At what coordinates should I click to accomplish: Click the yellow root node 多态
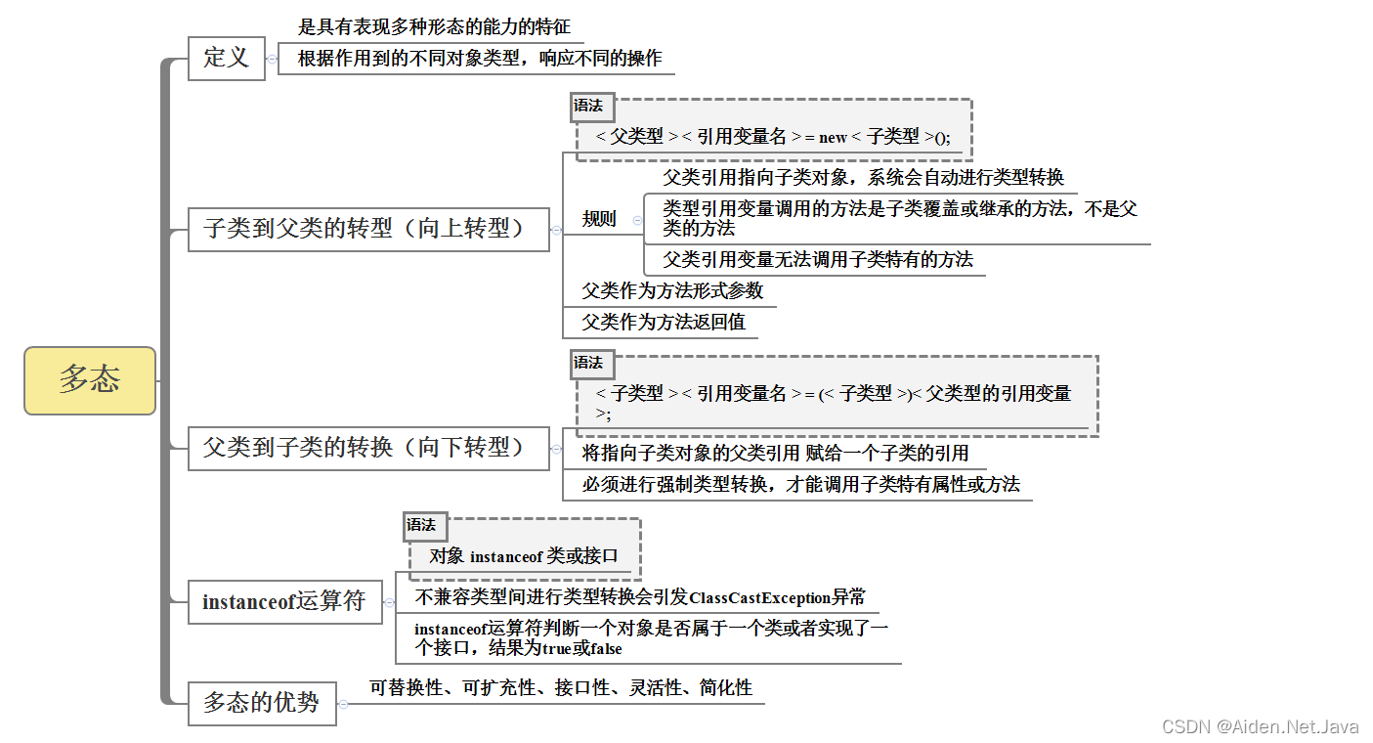coord(90,379)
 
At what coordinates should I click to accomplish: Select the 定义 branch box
coord(226,58)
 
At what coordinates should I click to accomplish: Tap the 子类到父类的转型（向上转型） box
coord(367,229)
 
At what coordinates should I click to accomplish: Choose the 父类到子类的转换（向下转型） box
coord(367,448)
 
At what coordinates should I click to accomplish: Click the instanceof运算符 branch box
coord(283,601)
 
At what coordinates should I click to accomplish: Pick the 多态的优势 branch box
coord(261,703)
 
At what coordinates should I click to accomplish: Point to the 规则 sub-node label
coord(599,219)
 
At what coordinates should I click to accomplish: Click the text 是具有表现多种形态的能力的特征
coord(434,26)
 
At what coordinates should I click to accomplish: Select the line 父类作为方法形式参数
coord(672,290)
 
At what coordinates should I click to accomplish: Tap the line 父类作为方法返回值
coord(664,322)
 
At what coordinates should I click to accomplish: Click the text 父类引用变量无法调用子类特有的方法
coord(818,259)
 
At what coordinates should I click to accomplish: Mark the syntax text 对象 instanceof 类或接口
coord(524,556)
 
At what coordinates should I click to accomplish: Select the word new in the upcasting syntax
coord(833,138)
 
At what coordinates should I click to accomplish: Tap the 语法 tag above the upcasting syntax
coord(588,106)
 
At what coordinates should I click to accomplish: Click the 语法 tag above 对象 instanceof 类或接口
coord(422,525)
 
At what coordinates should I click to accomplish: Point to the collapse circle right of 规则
coord(637,220)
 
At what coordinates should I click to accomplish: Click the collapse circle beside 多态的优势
coord(343,704)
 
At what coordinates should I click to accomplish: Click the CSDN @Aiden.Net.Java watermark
coord(1260,726)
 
